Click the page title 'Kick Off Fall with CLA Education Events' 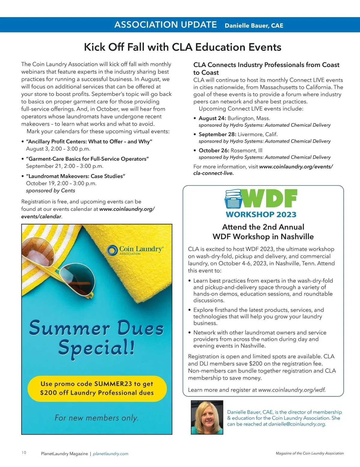182,47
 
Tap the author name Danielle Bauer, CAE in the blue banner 254,25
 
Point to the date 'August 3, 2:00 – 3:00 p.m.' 58,149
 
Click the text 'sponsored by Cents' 50,191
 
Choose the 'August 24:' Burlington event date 212,118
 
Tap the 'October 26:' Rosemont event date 214,150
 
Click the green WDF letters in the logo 270,198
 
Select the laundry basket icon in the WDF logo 233,199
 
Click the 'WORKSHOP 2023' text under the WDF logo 261,215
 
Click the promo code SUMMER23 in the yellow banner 113,384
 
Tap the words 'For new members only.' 97,418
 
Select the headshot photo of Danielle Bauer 207,417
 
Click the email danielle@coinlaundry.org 297,424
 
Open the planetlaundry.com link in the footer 110,454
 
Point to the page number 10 24,453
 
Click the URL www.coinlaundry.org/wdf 292,390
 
